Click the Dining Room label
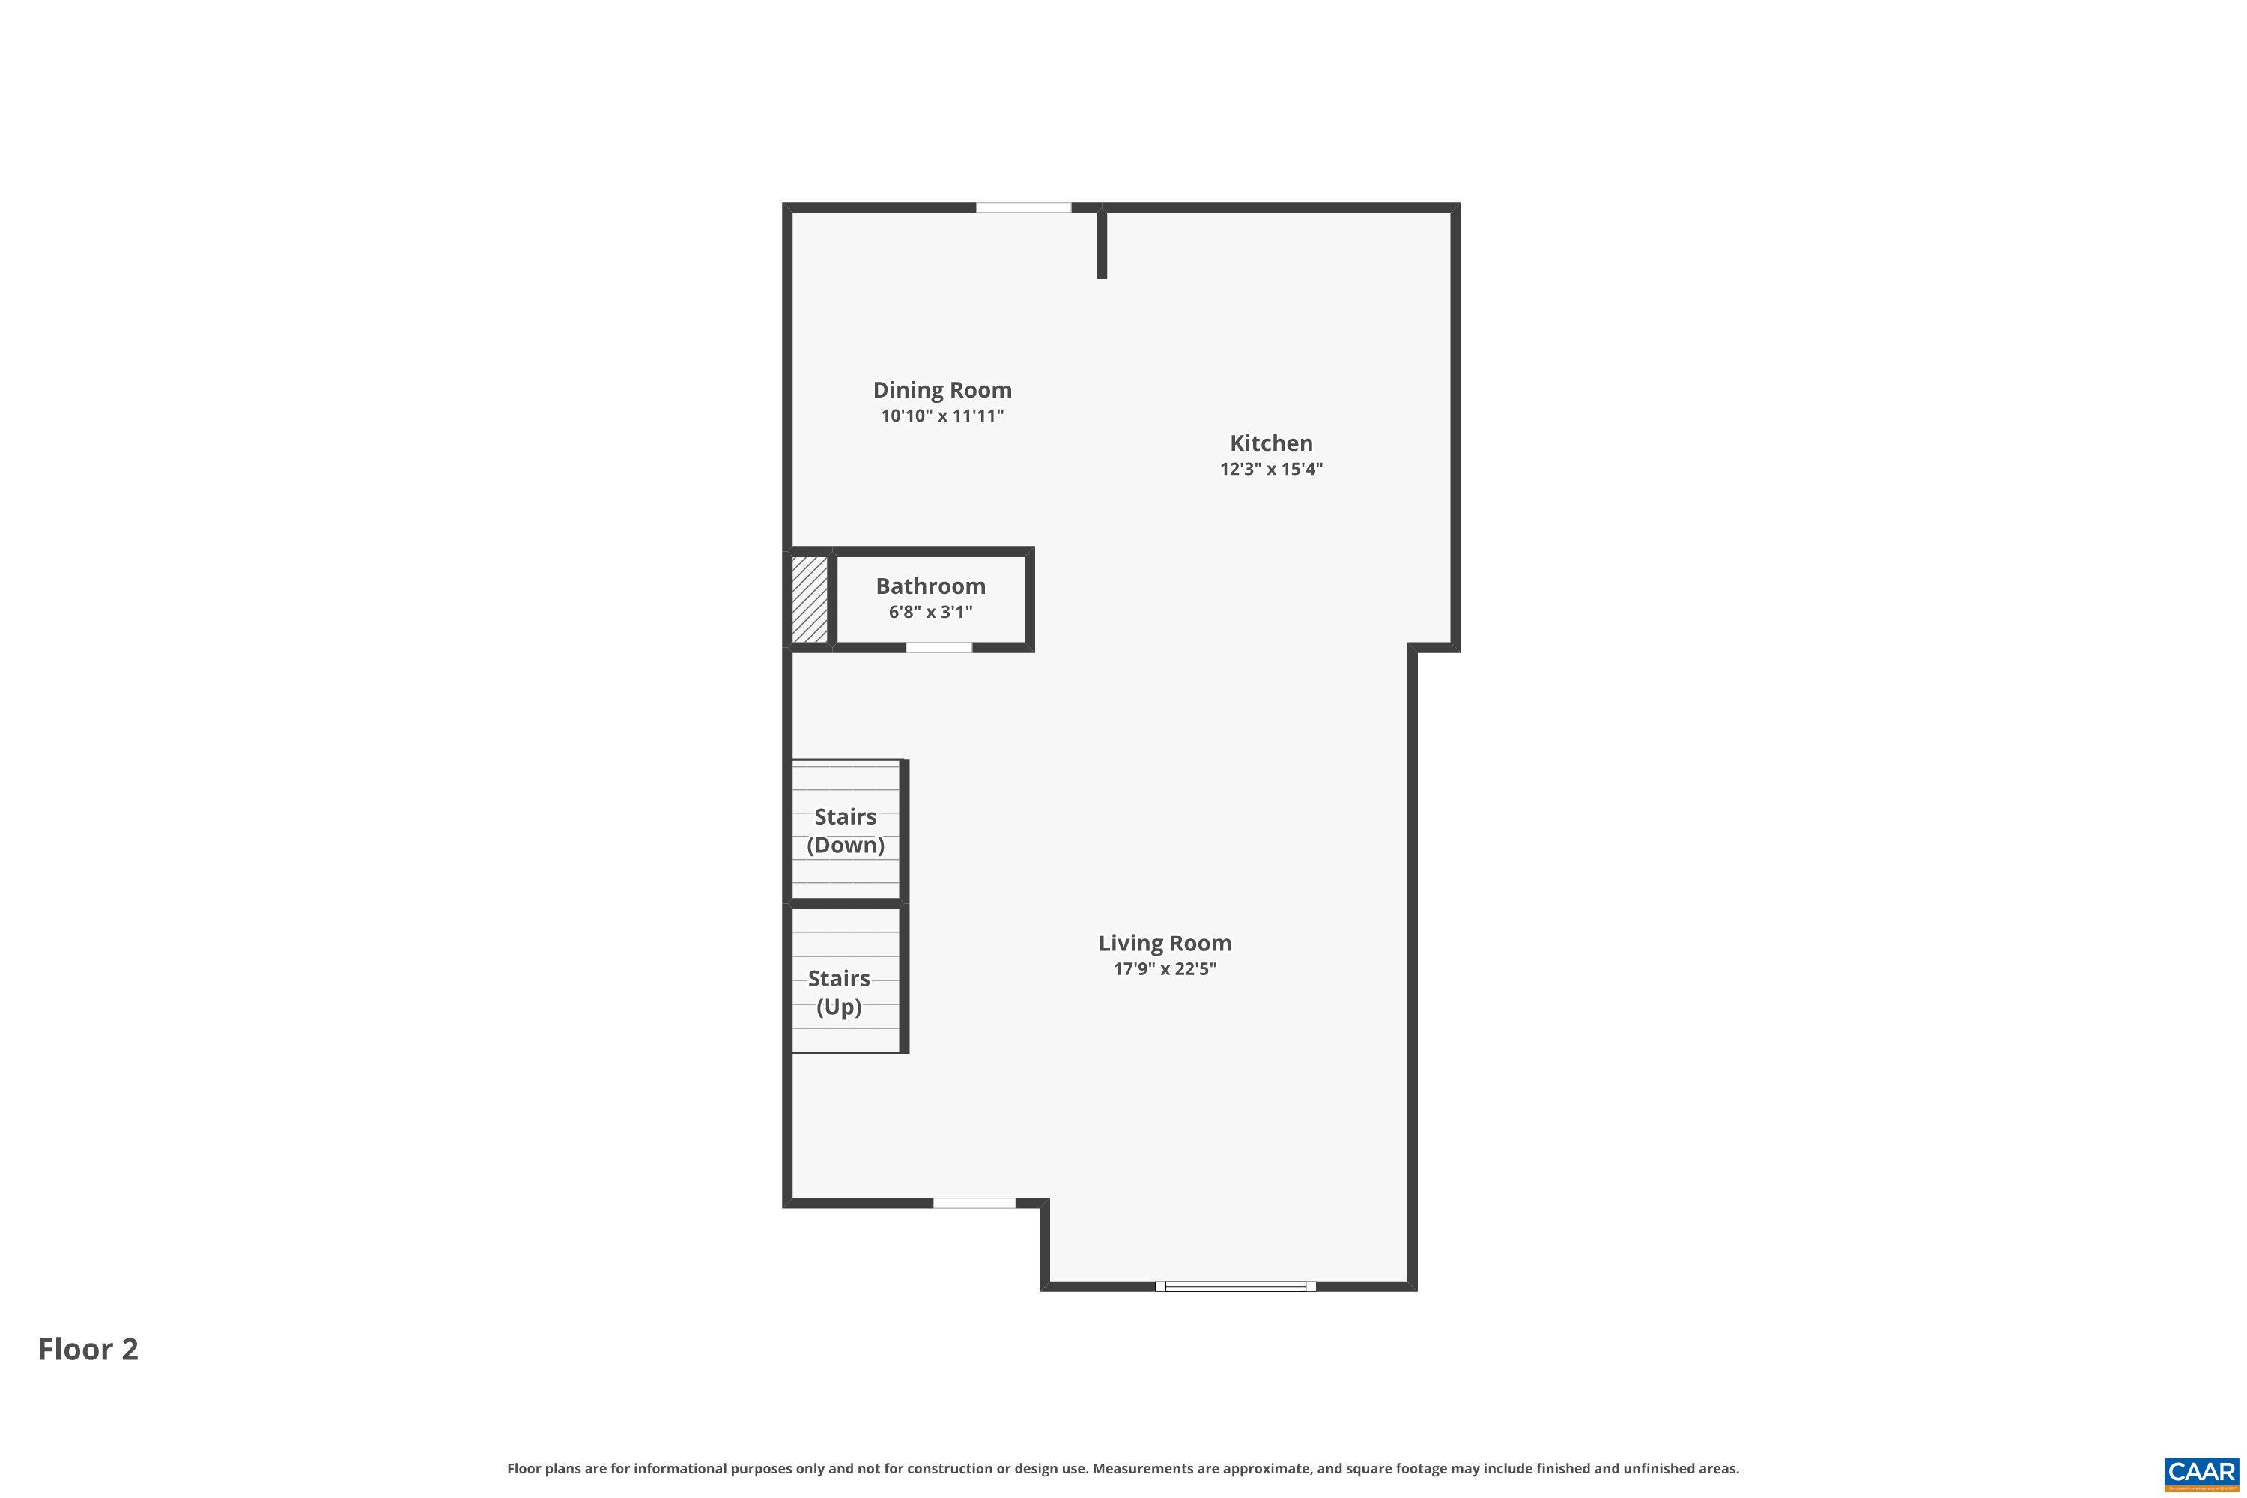point(942,389)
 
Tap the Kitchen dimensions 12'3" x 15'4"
point(1270,469)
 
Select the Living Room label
point(1165,943)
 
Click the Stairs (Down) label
point(846,830)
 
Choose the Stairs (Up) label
point(839,992)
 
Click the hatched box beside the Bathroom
point(809,599)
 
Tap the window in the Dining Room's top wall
point(1023,207)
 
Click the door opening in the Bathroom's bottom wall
point(938,648)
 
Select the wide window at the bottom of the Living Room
point(1235,1287)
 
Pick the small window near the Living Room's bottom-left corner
point(974,1203)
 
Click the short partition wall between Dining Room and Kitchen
point(1102,243)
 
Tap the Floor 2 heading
point(88,1349)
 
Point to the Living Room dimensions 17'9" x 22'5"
point(1165,968)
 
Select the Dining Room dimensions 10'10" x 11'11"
point(942,416)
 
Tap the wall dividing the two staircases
point(846,903)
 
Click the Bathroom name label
point(930,586)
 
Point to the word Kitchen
point(1270,443)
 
